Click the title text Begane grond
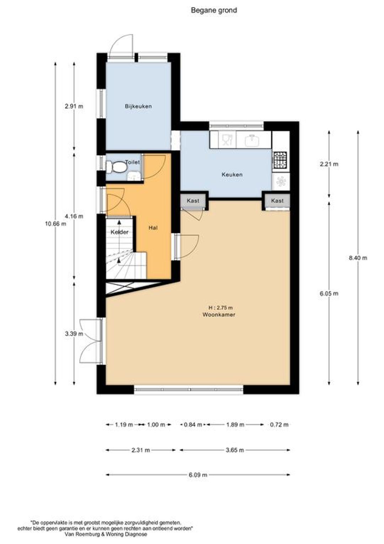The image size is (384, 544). pos(214,10)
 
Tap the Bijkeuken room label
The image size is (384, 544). pos(138,106)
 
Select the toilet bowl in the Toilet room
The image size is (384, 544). pos(116,167)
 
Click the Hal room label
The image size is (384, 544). pos(153,228)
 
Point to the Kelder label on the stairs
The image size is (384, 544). pos(119,232)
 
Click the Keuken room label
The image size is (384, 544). pos(232,174)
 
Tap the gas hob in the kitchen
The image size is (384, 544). pos(280,160)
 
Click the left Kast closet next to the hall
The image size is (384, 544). pos(193,200)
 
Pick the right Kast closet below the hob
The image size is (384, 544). pos(277,200)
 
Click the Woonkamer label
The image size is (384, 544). pos(219,315)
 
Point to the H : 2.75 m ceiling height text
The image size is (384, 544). pos(221,308)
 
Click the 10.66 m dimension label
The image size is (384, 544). pos(55,224)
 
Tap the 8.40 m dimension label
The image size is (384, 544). pos(358,258)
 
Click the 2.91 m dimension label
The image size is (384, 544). pos(74,106)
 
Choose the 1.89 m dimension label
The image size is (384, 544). pos(235,431)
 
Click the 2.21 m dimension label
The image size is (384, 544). pos(329,164)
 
